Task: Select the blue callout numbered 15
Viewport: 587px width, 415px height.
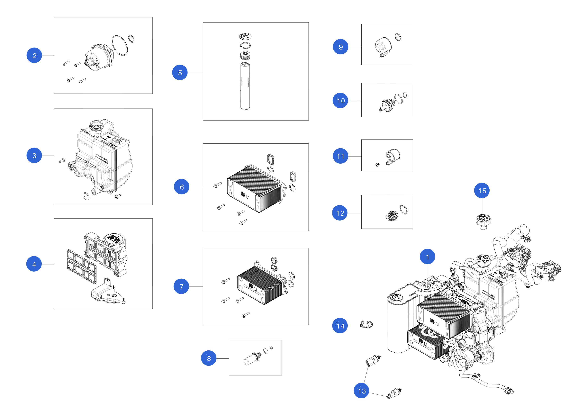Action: [x=482, y=191]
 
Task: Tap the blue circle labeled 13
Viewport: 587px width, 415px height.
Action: [x=361, y=391]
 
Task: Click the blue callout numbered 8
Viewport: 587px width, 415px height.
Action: [x=209, y=358]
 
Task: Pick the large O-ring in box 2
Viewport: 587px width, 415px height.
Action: [x=120, y=45]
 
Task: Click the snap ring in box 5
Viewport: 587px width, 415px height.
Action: [x=245, y=46]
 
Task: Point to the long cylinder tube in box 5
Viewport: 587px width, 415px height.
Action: [x=245, y=87]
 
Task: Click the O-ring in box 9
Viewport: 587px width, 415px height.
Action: [x=398, y=37]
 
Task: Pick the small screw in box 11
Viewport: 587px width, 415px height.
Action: [x=377, y=165]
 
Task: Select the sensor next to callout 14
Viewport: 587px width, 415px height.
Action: [x=366, y=324]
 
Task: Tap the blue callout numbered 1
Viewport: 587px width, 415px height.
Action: [x=427, y=257]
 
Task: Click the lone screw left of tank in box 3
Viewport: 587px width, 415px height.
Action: [x=62, y=161]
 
